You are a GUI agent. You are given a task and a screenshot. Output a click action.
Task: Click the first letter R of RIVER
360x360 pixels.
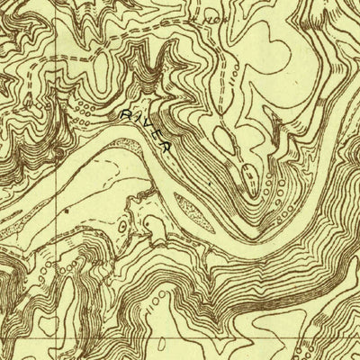[123, 115]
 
